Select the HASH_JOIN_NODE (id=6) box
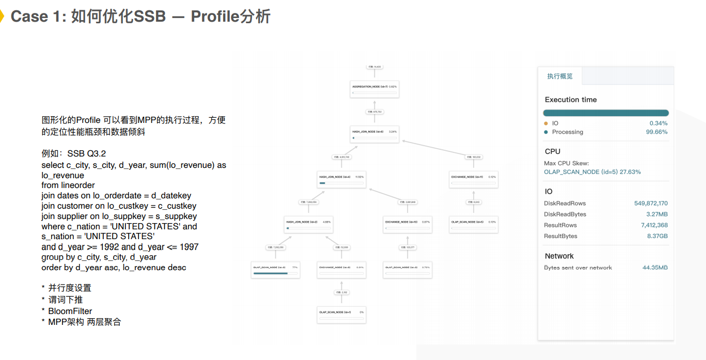pyautogui.click(x=374, y=134)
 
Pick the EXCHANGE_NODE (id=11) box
pyautogui.click(x=474, y=179)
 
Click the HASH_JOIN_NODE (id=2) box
pyautogui.click(x=308, y=224)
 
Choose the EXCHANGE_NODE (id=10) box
pyautogui.click(x=407, y=224)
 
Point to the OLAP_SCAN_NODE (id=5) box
pyautogui.click(x=474, y=224)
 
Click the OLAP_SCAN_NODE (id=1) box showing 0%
pyautogui.click(x=341, y=314)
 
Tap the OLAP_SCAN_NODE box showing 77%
pyautogui.click(x=276, y=269)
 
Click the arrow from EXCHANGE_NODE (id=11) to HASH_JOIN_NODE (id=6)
pyautogui.click(x=439, y=147)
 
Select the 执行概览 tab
pyautogui.click(x=560, y=76)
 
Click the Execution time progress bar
pyautogui.click(x=606, y=113)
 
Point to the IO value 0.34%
pyautogui.click(x=658, y=123)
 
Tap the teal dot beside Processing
pyautogui.click(x=546, y=132)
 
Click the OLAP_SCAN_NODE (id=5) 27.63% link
pyautogui.click(x=592, y=172)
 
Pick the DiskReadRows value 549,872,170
pyautogui.click(x=651, y=204)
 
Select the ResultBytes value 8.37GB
pyautogui.click(x=657, y=236)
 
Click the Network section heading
pyautogui.click(x=559, y=256)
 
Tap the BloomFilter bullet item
pyautogui.click(x=70, y=311)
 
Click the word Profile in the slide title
pyautogui.click(x=214, y=17)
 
